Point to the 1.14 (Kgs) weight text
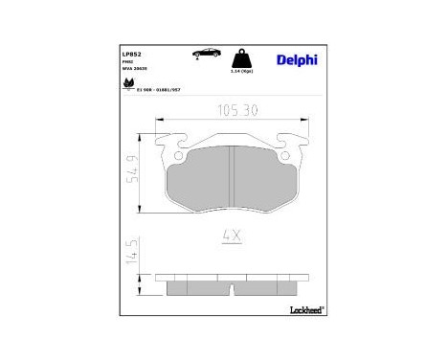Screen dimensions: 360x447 coord(243,73)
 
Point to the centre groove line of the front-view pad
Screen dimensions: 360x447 coord(233,180)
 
